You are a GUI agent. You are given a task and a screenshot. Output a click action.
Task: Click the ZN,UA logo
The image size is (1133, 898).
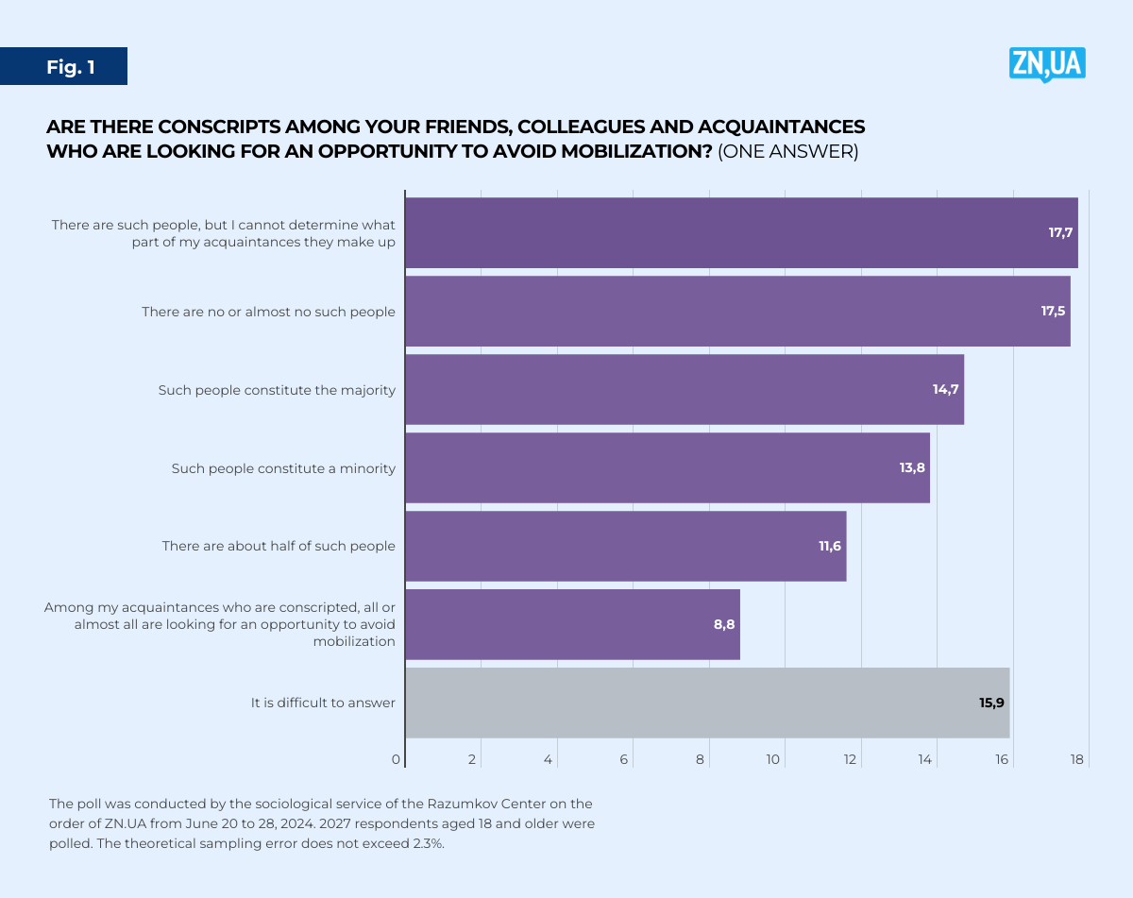[1047, 64]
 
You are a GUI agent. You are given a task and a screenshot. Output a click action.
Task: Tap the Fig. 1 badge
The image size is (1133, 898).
[71, 67]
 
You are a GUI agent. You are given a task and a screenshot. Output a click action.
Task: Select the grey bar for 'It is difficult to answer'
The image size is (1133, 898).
[707, 703]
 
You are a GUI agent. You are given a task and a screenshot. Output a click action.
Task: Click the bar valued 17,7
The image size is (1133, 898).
[741, 232]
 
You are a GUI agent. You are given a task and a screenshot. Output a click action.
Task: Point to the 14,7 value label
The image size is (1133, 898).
[946, 389]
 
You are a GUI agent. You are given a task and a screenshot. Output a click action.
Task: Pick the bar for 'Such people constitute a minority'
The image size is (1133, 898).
[668, 467]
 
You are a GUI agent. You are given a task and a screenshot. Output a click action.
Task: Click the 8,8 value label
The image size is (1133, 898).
[724, 624]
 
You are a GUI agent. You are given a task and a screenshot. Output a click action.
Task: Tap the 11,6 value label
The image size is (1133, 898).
[830, 546]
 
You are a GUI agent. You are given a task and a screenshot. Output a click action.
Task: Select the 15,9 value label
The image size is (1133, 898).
[990, 703]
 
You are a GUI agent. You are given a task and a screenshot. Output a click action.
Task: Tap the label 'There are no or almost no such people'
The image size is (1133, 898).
[268, 312]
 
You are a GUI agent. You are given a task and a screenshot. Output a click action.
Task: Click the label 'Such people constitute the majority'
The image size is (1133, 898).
[277, 390]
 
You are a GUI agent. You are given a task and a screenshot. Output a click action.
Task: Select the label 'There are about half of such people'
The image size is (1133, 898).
[279, 546]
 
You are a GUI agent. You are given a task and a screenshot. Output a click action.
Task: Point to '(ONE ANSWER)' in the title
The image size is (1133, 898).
[788, 152]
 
